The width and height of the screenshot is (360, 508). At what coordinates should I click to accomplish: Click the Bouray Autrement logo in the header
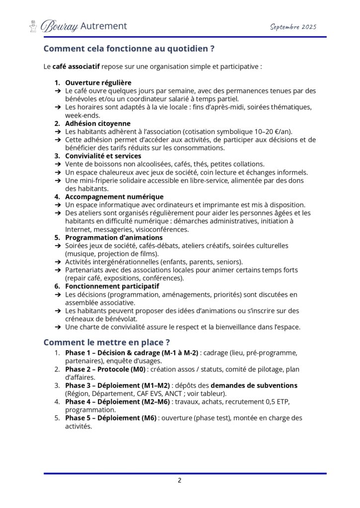tap(77, 26)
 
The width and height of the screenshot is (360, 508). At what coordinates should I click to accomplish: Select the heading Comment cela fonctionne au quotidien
tap(129, 49)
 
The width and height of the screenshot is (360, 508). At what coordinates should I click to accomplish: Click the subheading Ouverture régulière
tap(98, 82)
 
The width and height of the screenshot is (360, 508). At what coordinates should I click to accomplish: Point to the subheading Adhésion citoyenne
tap(98, 123)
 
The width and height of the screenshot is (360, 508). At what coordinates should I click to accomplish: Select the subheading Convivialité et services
tap(103, 156)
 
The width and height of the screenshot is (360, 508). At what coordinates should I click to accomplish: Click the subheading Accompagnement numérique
tap(114, 197)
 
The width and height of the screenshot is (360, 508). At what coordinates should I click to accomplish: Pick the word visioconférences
tap(160, 230)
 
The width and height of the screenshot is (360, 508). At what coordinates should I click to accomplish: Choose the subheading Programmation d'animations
tap(114, 238)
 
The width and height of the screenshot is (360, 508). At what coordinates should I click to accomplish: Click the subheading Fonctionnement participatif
tap(112, 286)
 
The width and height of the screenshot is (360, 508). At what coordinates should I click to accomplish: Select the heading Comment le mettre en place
tap(107, 342)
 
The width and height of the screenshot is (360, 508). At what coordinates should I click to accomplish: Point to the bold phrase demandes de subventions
tap(254, 385)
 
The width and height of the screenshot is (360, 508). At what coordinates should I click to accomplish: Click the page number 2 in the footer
tap(180, 481)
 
